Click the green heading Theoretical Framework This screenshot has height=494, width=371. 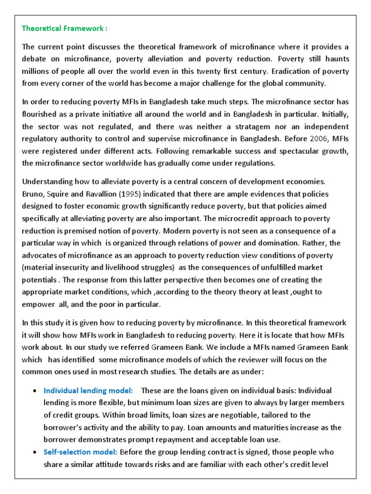[64, 28]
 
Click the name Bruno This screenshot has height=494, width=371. [34, 194]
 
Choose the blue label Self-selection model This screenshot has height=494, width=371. [80, 452]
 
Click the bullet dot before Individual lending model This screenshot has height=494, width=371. [35, 391]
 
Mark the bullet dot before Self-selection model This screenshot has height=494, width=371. [35, 453]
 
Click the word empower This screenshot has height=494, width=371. [39, 304]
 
